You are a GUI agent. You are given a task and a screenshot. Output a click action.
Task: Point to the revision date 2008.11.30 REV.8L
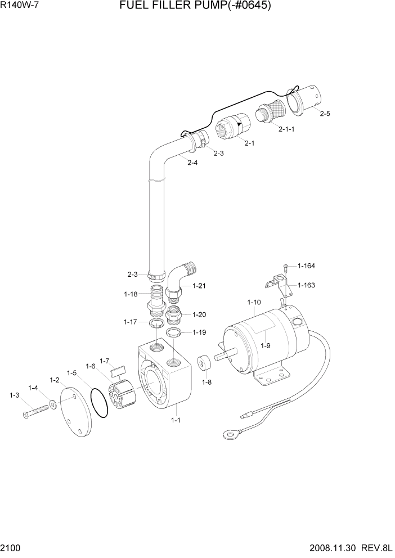pyautogui.click(x=348, y=548)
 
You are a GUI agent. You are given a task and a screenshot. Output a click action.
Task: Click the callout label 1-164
pyautogui.click(x=306, y=266)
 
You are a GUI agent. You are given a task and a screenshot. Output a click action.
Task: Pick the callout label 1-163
pyautogui.click(x=306, y=285)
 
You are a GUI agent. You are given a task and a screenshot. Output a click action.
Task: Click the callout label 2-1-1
pyautogui.click(x=286, y=129)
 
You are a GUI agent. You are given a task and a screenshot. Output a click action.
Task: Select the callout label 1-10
pyautogui.click(x=254, y=303)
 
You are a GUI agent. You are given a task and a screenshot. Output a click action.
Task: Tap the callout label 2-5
pyautogui.click(x=325, y=114)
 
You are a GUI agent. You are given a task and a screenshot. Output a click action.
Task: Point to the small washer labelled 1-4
pyautogui.click(x=53, y=404)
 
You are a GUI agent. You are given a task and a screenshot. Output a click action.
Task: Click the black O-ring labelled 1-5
pyautogui.click(x=99, y=403)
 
